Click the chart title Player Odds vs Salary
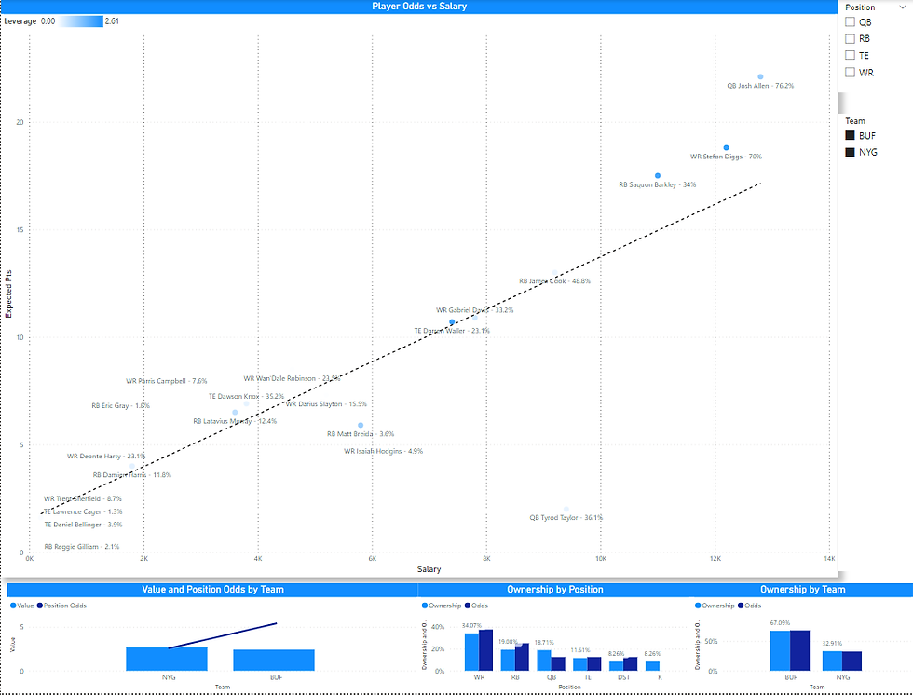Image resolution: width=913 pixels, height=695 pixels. (x=419, y=7)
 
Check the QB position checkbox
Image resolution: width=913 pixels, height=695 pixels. (x=850, y=21)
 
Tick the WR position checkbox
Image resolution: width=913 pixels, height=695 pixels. (x=850, y=72)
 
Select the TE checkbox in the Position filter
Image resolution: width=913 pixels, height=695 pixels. (x=850, y=55)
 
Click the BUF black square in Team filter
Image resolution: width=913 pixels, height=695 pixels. (x=850, y=135)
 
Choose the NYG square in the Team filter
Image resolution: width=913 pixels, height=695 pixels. (x=850, y=152)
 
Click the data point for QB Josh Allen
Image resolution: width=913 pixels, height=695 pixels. (x=760, y=76)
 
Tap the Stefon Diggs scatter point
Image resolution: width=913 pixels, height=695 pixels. (x=727, y=147)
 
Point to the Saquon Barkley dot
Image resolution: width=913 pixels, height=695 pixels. (x=658, y=175)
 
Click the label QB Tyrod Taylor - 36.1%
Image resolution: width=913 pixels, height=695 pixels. (x=566, y=518)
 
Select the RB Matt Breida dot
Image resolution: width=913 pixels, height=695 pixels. (x=361, y=425)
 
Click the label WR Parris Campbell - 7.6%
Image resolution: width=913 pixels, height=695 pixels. (x=167, y=381)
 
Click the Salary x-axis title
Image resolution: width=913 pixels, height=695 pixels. (x=429, y=569)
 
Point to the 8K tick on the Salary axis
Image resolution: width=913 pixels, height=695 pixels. (x=485, y=559)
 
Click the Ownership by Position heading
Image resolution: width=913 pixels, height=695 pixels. (x=554, y=590)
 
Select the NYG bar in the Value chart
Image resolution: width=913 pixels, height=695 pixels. (x=166, y=659)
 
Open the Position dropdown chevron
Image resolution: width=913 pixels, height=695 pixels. (x=902, y=7)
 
